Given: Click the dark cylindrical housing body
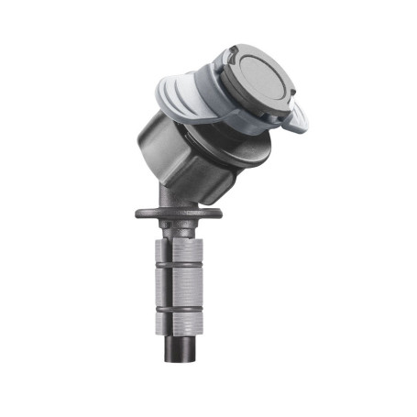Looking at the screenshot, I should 174,156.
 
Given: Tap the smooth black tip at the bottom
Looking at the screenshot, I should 180,353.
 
